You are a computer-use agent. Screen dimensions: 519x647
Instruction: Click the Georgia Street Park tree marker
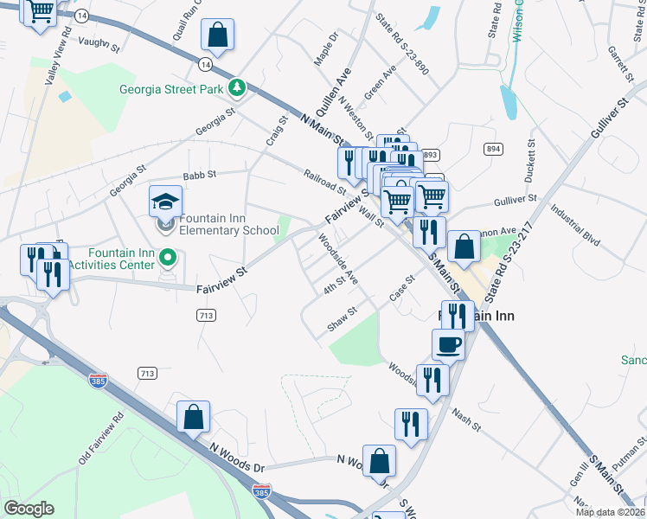(235, 87)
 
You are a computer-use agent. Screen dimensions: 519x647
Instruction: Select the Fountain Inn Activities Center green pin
(170, 257)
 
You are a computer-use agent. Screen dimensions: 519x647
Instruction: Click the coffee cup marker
(448, 344)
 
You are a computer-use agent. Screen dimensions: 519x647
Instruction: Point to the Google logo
(29, 509)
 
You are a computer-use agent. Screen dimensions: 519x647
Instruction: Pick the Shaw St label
(342, 322)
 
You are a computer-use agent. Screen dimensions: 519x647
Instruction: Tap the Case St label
(402, 289)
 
